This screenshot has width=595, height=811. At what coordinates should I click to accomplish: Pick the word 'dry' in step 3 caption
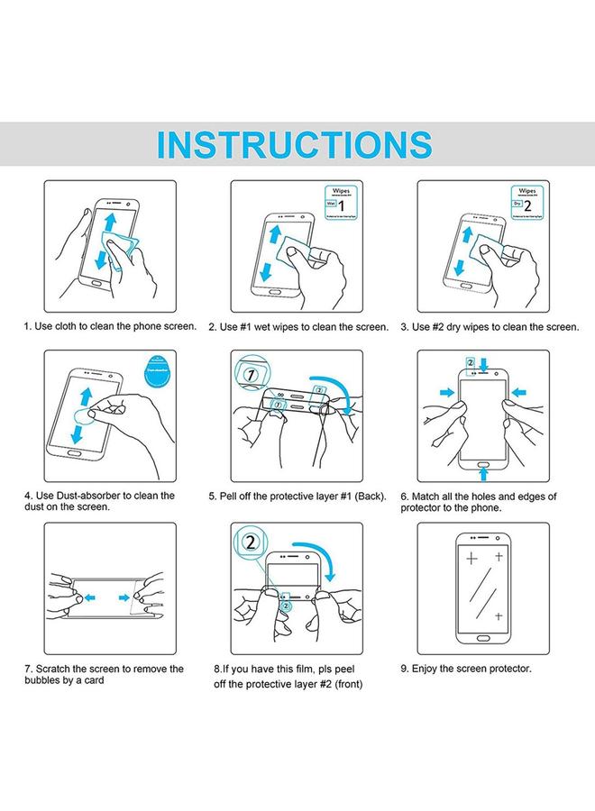tap(455, 326)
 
